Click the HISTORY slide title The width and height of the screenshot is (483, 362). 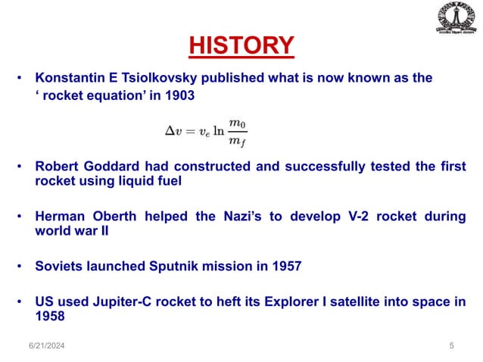(x=241, y=45)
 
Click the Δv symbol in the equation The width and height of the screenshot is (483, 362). (x=173, y=130)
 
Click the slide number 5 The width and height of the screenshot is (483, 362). (x=451, y=346)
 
